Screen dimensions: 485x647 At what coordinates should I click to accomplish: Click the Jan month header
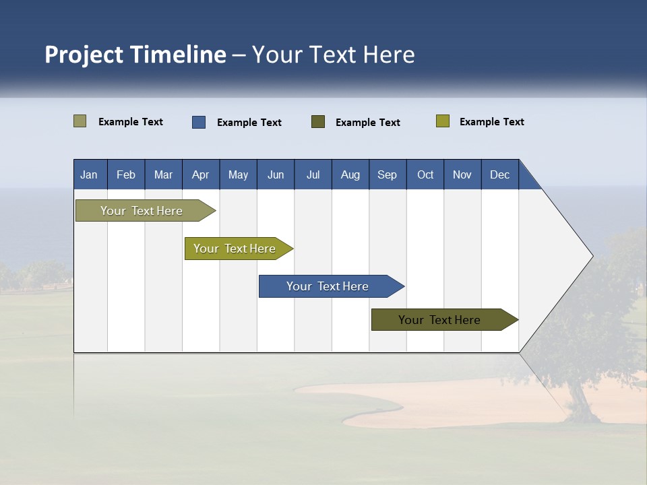(x=89, y=174)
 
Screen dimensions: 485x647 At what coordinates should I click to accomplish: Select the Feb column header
(x=126, y=174)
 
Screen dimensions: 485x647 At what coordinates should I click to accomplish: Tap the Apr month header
(x=200, y=174)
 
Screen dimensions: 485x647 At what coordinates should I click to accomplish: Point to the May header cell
(x=238, y=174)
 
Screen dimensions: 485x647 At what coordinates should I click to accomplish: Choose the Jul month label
(x=313, y=174)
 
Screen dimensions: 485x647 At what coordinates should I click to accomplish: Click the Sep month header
(x=387, y=174)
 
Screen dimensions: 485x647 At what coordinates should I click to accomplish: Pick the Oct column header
(x=425, y=174)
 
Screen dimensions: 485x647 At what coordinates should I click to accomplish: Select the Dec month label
(x=499, y=174)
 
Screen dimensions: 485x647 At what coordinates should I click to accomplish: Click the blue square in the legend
(x=199, y=122)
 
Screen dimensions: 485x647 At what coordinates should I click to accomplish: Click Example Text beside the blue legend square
(x=249, y=123)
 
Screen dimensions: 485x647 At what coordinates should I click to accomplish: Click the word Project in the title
(x=84, y=55)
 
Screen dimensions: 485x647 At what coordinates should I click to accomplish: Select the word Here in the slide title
(x=389, y=55)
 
